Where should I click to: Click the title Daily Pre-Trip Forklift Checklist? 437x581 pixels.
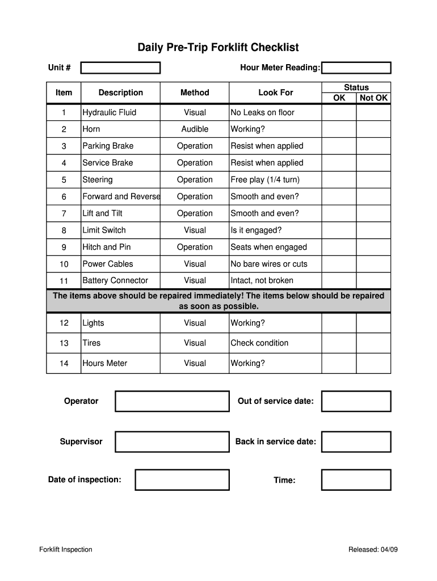coord(218,47)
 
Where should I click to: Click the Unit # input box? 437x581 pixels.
coord(120,68)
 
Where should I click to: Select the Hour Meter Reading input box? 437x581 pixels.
coord(356,68)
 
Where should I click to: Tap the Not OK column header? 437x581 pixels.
coord(373,98)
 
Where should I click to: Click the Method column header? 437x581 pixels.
coord(195,92)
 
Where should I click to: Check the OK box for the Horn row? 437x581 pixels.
coord(339,129)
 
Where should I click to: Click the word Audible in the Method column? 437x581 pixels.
coord(195,129)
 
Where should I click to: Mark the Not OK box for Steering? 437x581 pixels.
coord(373,179)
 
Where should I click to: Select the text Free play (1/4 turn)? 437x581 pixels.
coord(264,179)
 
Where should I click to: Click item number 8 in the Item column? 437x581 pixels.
coord(64,230)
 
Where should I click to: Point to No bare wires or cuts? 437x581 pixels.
coord(268,264)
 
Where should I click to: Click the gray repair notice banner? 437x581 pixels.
coord(218,301)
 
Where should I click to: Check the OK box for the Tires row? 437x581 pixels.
coord(339,343)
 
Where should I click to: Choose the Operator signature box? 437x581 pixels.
coord(172,401)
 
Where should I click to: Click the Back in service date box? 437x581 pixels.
coord(356,441)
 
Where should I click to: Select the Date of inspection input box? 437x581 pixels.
coord(182,480)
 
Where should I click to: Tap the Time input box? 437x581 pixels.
coord(356,480)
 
